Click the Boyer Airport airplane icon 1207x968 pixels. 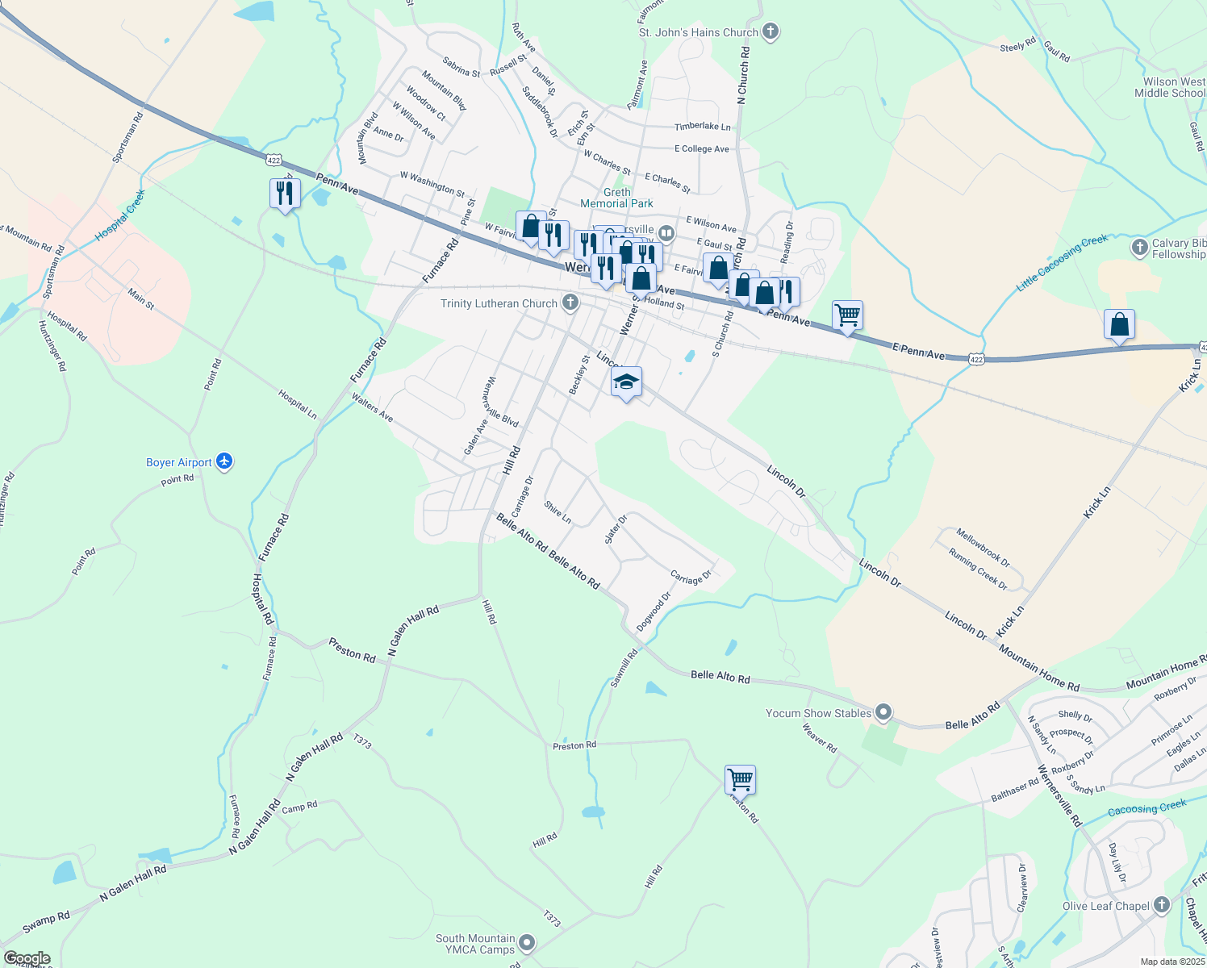click(x=224, y=461)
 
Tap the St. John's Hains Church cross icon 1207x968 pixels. click(x=771, y=31)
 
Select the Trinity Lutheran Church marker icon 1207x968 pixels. click(x=570, y=303)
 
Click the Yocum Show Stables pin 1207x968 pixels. click(x=883, y=712)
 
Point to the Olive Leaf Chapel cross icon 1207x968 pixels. click(x=1161, y=905)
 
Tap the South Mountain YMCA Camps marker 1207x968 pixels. click(x=527, y=942)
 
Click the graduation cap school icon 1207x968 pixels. click(x=626, y=382)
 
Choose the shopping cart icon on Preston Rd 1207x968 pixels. click(x=740, y=779)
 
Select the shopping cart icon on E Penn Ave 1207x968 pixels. click(x=847, y=315)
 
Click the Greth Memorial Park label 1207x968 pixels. click(x=616, y=198)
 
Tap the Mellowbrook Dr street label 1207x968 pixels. click(x=983, y=546)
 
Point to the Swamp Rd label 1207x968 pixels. click(x=46, y=923)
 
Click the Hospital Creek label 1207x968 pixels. click(x=120, y=215)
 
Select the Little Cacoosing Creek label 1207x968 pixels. click(x=1062, y=263)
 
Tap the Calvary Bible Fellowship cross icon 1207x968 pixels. click(x=1139, y=247)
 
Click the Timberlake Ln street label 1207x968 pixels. click(x=702, y=127)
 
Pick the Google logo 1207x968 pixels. click(x=27, y=958)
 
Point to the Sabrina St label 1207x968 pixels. click(x=461, y=67)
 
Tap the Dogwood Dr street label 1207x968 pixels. click(x=654, y=611)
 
